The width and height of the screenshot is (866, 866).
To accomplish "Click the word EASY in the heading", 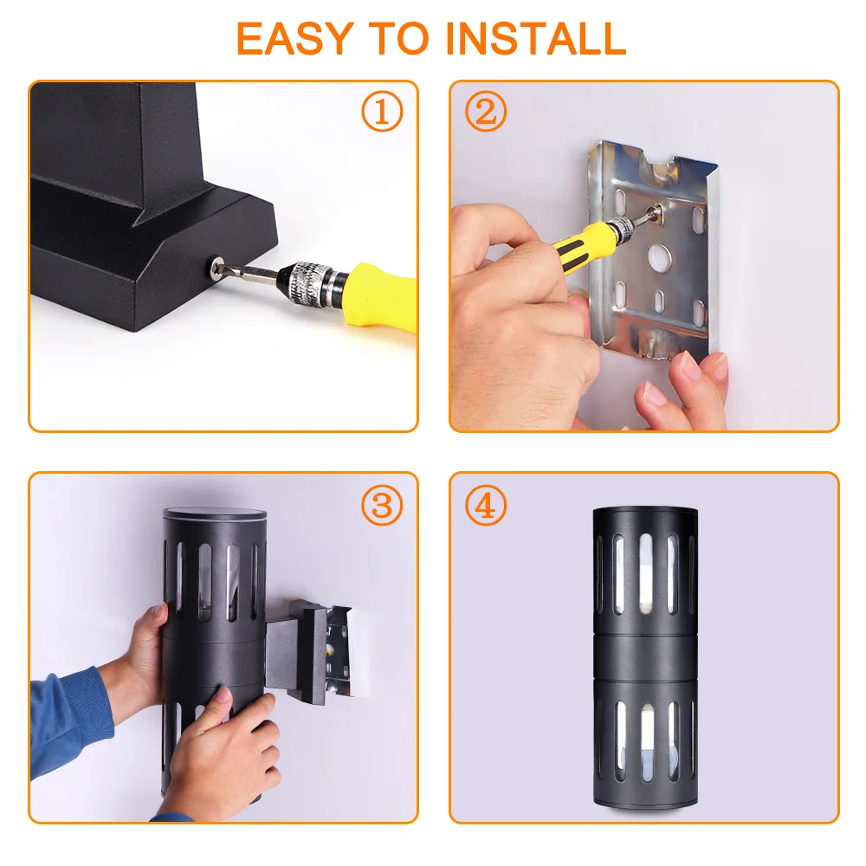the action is (x=295, y=39).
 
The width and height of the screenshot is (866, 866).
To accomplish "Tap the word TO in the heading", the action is (x=398, y=39).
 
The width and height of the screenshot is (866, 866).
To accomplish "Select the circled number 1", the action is (x=382, y=111).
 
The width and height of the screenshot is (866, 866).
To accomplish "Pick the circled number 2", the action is (x=486, y=111).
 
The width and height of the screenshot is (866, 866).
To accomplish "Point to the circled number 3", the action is (x=382, y=505).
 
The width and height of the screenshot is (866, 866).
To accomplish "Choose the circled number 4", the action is (x=486, y=505).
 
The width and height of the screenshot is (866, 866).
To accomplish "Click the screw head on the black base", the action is (x=217, y=267).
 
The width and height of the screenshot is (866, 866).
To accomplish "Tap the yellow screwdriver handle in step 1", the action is (x=380, y=294).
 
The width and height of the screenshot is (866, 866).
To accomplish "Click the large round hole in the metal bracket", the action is (x=659, y=255).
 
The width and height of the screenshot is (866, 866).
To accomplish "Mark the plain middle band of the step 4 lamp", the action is (x=645, y=656).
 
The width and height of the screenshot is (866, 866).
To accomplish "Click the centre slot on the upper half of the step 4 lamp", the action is (x=646, y=573).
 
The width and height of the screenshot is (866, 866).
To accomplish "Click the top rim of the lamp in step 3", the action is (x=215, y=514).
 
